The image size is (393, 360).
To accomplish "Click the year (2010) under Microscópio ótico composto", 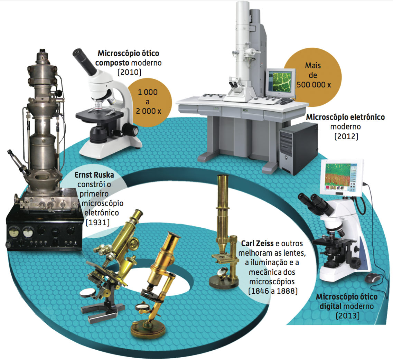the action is coord(129,72).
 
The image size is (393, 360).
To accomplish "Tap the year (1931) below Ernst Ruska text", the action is coord(97,222).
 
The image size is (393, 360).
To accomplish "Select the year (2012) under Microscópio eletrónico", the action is coord(346,136).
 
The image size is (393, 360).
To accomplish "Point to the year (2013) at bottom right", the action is coord(347,315).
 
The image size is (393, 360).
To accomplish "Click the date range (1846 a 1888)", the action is coord(273,291).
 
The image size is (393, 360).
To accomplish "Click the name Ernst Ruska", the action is coord(94,175).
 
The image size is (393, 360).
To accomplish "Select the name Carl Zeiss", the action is coord(257,244).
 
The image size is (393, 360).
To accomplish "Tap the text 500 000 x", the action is coord(314,85).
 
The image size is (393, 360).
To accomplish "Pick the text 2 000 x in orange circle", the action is coord(148,111).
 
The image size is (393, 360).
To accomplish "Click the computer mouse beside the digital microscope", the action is coord(373,278).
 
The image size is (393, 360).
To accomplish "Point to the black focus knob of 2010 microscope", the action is coord(131,130).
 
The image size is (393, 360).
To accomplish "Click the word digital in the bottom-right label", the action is coord(330,306).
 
